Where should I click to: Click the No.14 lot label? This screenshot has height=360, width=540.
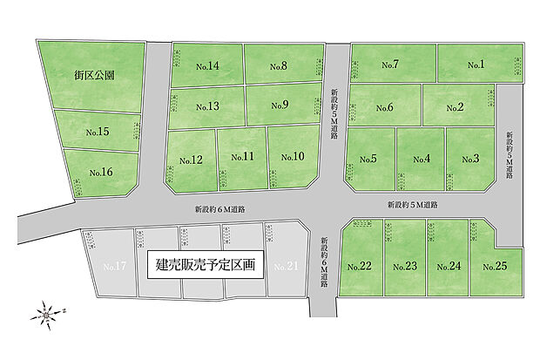(x=206, y=66)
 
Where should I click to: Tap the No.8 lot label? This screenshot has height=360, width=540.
(x=279, y=66)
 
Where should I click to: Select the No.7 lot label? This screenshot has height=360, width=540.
(x=389, y=65)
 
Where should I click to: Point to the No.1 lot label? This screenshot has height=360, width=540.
(x=475, y=65)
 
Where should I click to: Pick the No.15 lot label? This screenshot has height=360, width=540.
(x=98, y=132)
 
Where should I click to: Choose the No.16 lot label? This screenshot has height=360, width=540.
(x=101, y=173)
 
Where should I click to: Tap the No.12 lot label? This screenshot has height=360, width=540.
(x=191, y=160)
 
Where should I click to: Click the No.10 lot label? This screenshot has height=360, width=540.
(x=293, y=157)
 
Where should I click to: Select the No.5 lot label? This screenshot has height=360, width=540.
(x=368, y=159)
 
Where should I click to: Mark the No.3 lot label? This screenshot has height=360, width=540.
(x=470, y=159)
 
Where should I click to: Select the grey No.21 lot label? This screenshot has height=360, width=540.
(x=286, y=266)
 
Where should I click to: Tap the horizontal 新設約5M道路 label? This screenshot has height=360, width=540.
(x=413, y=205)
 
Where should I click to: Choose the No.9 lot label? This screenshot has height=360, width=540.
(x=280, y=106)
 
